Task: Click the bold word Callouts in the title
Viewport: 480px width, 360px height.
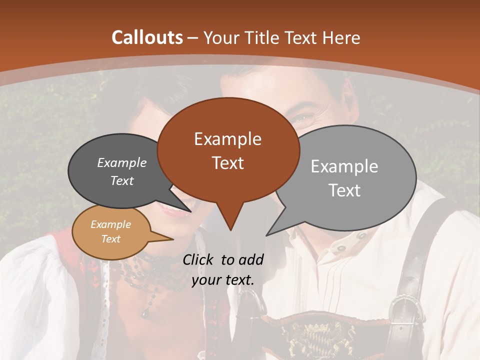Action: [147, 37]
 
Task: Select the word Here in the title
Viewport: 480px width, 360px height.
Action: [343, 37]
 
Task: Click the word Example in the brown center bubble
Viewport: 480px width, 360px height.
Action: [227, 139]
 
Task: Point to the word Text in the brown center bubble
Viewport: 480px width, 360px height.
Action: [227, 163]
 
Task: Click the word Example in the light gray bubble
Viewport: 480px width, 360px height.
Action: [344, 166]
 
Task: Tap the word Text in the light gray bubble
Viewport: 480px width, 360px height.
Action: [344, 190]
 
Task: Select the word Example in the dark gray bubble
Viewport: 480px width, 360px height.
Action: [122, 163]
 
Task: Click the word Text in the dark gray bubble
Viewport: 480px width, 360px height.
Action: [122, 181]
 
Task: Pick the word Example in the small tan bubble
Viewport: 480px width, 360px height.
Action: [110, 225]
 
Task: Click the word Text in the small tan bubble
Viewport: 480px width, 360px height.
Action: [110, 239]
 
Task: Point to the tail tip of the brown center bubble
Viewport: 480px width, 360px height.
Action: [230, 229]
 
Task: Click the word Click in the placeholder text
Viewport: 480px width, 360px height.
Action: [198, 259]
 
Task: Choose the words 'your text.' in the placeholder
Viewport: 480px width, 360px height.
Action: [223, 280]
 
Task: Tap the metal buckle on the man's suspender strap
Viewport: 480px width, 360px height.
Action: [406, 309]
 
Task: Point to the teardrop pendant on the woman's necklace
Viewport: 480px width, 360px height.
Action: [145, 313]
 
